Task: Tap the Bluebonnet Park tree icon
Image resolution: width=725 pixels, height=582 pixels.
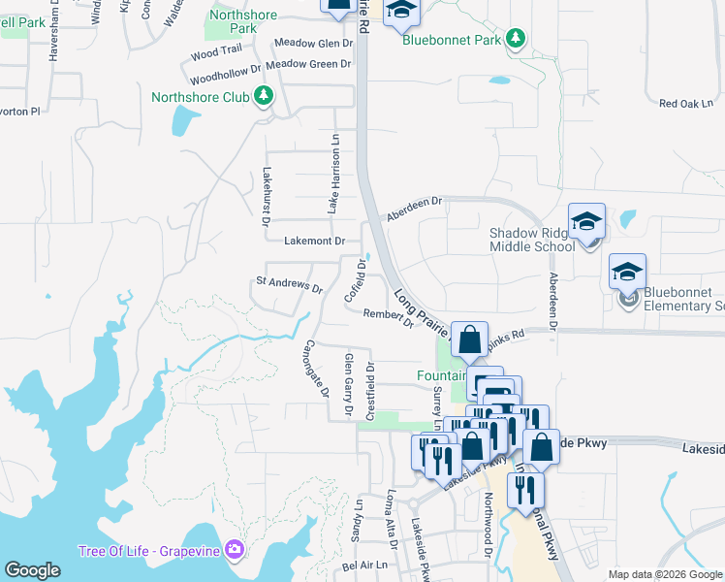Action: point(518,38)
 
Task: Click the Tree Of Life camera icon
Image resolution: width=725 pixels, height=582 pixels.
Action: point(233,551)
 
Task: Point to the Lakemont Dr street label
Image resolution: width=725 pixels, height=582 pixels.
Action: point(315,240)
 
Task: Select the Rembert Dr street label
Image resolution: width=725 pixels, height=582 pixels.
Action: point(388,317)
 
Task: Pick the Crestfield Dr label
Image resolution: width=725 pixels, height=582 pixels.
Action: point(369,390)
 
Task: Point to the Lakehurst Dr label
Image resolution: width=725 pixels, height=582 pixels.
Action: point(267,197)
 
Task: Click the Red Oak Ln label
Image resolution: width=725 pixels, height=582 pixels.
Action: point(685,103)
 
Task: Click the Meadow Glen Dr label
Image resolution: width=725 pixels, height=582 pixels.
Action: point(313,43)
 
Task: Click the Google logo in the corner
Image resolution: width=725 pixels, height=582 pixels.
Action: point(33,570)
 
